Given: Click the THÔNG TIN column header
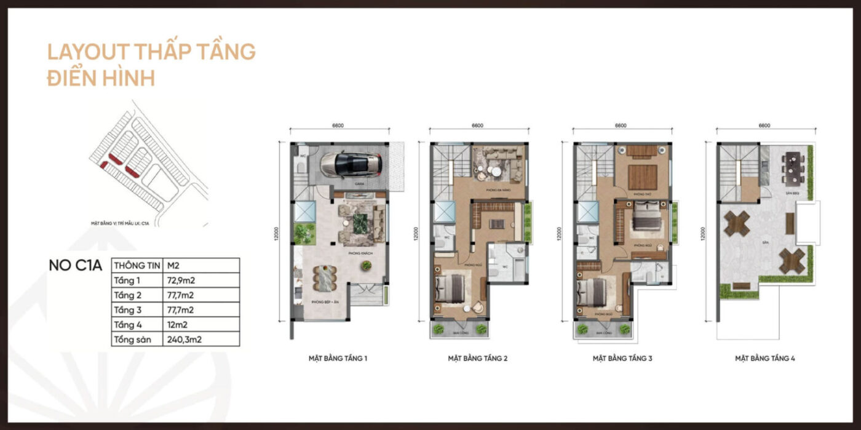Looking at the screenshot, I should (x=137, y=265).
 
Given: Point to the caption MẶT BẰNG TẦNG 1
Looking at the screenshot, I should (x=338, y=357).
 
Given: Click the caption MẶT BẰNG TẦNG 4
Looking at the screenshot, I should (x=765, y=357).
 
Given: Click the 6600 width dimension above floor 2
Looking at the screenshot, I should (x=477, y=125).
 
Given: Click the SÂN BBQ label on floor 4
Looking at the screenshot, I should (x=792, y=193).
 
